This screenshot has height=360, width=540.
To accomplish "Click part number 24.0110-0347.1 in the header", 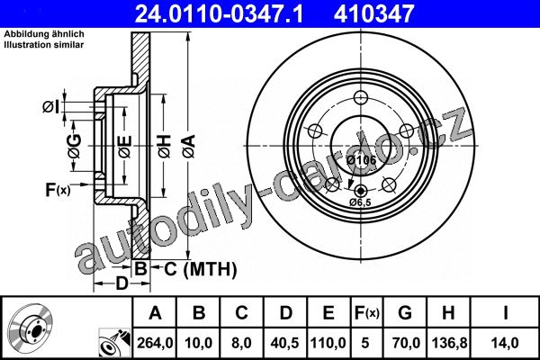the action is coord(219,13).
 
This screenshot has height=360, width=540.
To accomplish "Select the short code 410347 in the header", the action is coord(373,13).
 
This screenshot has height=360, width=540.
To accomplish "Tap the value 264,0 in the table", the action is coord(155,343).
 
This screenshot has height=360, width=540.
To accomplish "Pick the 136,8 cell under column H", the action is coord(449,343).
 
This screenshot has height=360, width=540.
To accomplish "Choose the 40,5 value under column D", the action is coord(284,343).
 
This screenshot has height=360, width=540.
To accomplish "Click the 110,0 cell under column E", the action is coord(328,343).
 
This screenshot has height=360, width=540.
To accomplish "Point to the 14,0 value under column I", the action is coord(505,343).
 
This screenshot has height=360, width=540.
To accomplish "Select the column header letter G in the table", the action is coord(405,313).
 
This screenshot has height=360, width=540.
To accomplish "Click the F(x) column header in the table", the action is coord(367,313).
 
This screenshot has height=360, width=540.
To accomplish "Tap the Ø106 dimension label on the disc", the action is coord(361,160).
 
